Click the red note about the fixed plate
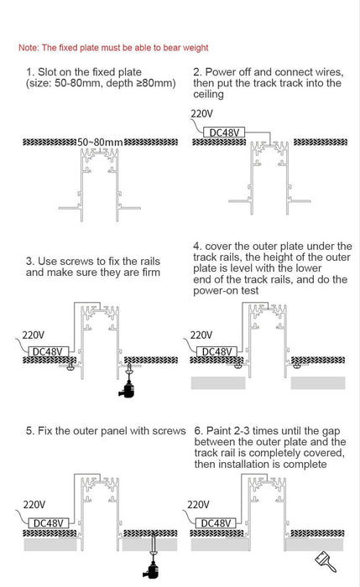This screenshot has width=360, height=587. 113,48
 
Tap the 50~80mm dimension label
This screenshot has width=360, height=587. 100,143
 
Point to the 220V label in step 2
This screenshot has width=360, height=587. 202,114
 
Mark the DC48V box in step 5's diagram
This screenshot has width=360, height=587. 47,523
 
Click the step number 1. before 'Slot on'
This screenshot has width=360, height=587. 31,72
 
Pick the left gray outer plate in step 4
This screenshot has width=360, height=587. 217,382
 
